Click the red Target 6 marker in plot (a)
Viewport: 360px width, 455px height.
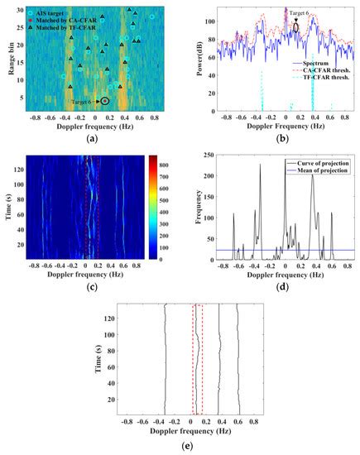click(104, 101)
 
